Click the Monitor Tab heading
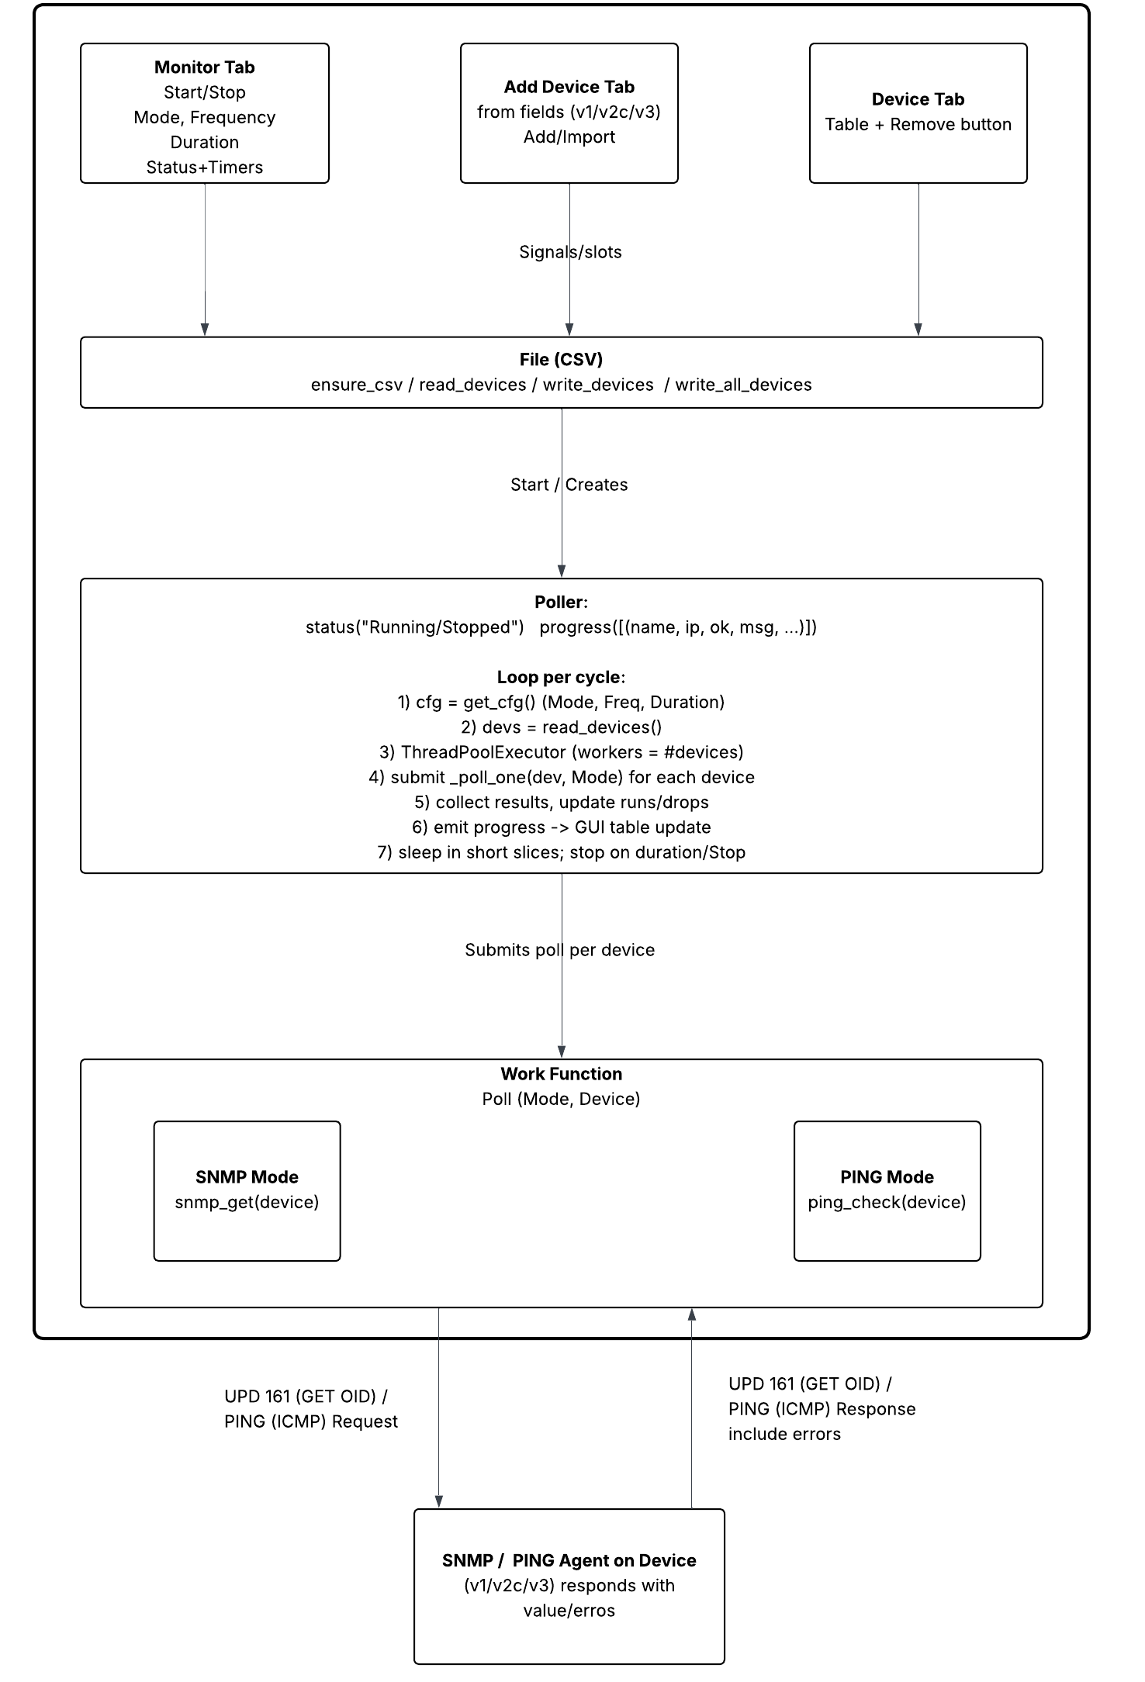pos(204,67)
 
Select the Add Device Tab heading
pos(569,87)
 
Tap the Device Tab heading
pos(918,99)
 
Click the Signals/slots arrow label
pos(570,252)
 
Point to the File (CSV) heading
pos(561,359)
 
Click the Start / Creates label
pos(569,485)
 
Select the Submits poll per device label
pos(559,950)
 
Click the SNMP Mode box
pos(247,1190)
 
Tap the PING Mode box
pos(887,1190)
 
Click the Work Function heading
pos(561,1074)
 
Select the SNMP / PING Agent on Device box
pos(569,1586)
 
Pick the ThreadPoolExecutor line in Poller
pos(561,752)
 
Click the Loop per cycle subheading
pos(561,677)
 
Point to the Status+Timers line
pos(204,168)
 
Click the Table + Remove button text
pos(918,125)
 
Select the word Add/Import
pos(569,137)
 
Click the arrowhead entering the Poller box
pos(562,572)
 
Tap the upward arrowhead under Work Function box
pos(691,1314)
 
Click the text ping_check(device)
pos(887,1203)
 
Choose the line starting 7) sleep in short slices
pos(561,852)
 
